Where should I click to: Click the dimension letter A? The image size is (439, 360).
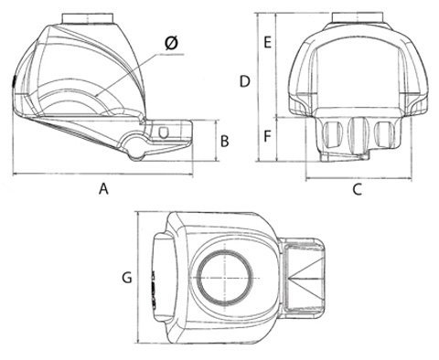coord(103,189)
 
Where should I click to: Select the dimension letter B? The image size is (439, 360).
coord(225,142)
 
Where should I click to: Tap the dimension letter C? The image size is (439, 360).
coord(357,189)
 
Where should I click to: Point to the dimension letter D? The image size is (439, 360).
coord(244,81)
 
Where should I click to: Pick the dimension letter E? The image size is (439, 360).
coord(267,42)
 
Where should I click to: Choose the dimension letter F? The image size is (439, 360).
coord(267,136)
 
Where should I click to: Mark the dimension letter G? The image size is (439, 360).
coord(127,278)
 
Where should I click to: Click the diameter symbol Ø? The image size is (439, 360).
coord(171,43)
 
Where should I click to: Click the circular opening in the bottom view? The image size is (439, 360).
coord(225,278)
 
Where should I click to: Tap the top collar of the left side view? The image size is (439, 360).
coord(88,18)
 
